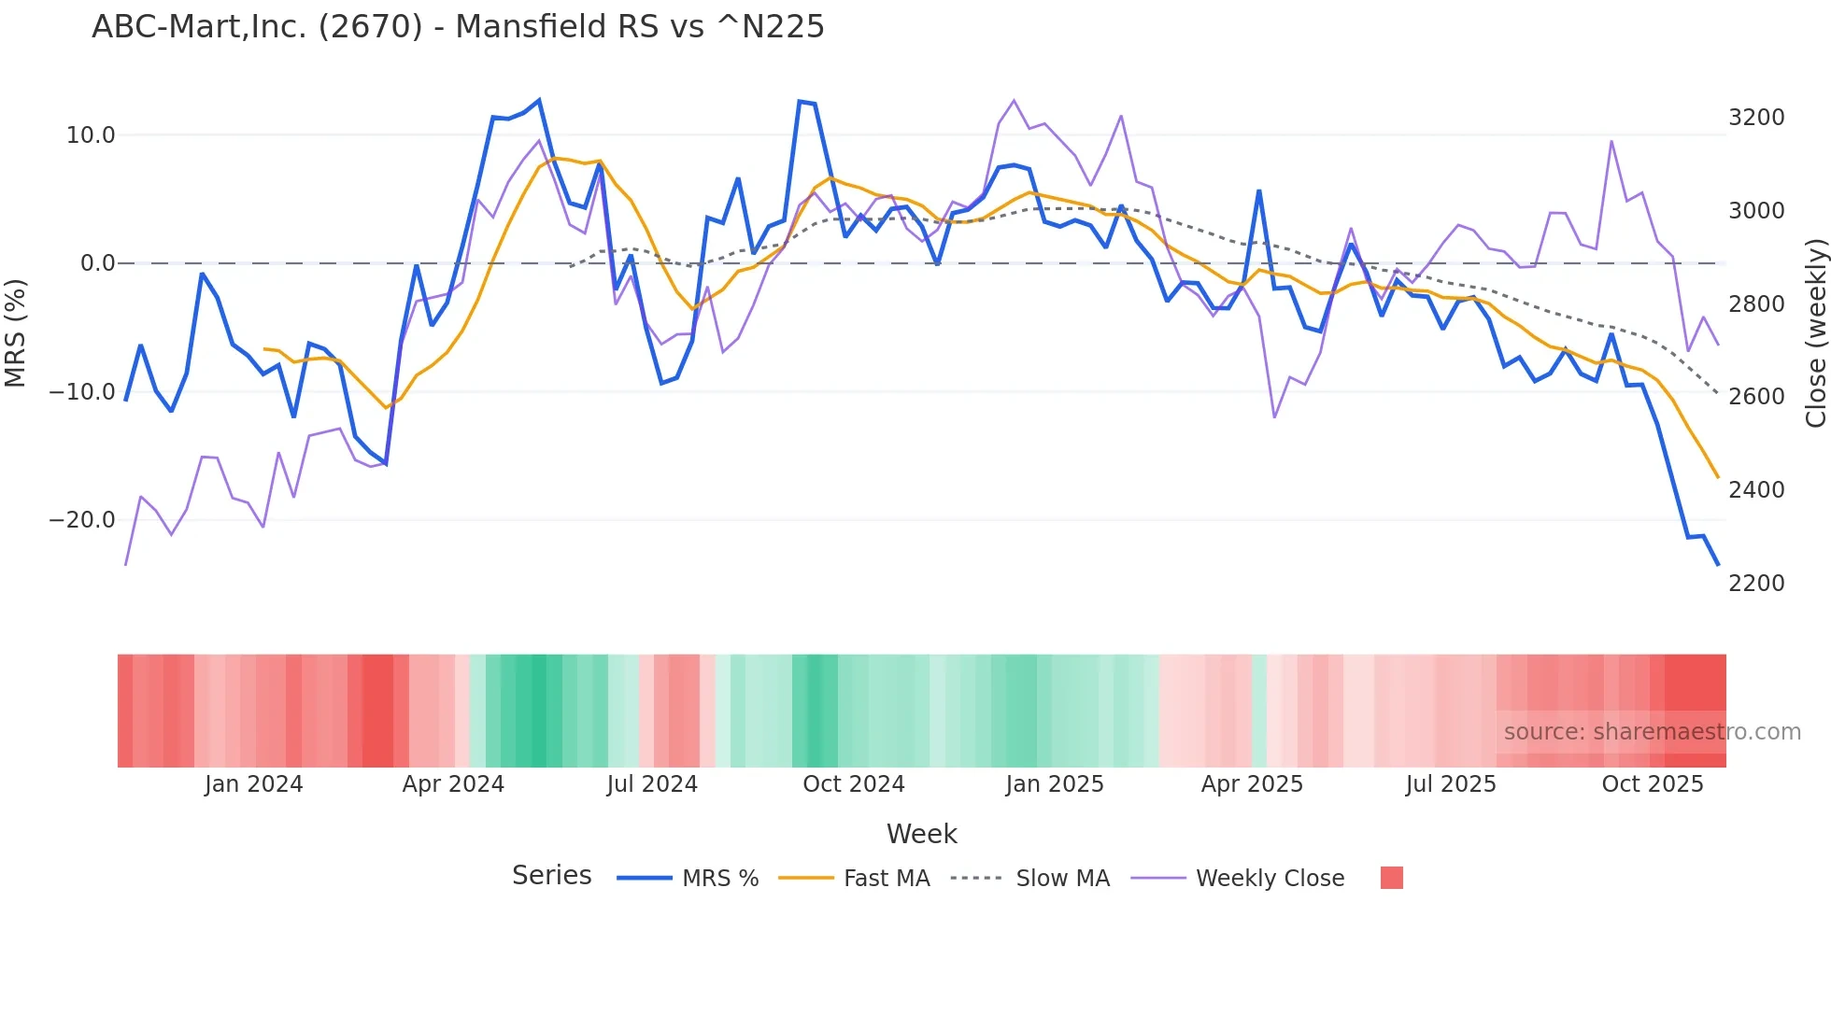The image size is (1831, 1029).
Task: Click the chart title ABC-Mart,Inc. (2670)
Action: tap(458, 27)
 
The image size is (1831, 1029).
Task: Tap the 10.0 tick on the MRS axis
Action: tap(91, 135)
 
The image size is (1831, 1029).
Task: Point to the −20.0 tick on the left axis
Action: tap(82, 520)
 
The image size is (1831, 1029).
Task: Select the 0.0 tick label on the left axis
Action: tap(98, 263)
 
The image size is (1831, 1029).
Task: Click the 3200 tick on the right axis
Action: tap(1756, 118)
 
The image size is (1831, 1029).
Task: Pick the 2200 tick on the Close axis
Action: tap(1756, 584)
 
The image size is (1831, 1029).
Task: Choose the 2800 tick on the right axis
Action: tap(1756, 304)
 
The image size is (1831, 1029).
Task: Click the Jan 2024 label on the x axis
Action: tap(254, 784)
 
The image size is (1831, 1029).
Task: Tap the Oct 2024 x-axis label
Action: tap(854, 784)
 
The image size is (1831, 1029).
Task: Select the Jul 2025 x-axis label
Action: tap(1451, 784)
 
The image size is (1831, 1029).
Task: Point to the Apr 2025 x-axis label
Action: tap(1252, 784)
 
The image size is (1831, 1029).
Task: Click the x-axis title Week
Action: tap(922, 834)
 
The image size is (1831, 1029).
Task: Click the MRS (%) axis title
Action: tap(16, 332)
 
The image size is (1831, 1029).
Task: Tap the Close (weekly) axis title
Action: tap(1815, 332)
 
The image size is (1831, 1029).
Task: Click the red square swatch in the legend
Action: tap(1392, 878)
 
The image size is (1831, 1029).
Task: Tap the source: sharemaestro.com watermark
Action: tap(1652, 732)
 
